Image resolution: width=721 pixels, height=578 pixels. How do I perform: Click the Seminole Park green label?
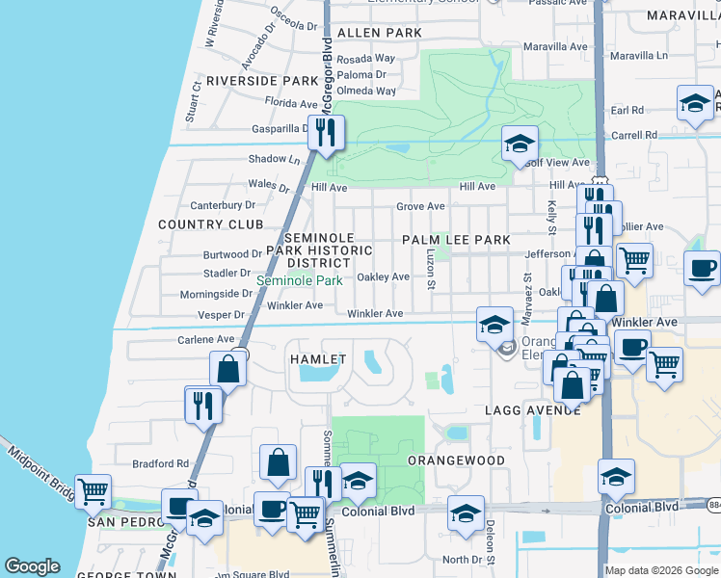pos(299,281)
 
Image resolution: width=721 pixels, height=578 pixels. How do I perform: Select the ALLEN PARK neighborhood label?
pos(381,33)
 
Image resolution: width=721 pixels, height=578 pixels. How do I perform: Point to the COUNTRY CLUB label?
pos(211,224)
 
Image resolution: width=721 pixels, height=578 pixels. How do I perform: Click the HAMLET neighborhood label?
pos(317,359)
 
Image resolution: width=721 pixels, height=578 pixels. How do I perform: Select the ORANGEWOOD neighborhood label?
pos(456,460)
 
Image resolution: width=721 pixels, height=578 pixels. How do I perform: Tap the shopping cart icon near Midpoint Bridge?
pos(93,491)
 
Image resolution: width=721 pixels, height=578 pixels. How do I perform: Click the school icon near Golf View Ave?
pos(520,145)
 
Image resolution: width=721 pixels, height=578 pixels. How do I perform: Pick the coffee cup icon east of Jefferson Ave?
pos(702,269)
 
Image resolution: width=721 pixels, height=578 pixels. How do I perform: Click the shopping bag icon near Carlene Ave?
pos(228,369)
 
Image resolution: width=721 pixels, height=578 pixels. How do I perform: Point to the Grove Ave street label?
pos(420,206)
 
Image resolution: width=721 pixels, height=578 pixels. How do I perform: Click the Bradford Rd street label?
pos(161,463)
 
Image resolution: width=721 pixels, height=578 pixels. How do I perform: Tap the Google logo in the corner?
pos(32,566)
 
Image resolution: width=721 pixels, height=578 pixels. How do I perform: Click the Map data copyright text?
pos(661,570)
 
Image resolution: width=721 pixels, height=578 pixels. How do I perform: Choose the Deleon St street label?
pos(490,542)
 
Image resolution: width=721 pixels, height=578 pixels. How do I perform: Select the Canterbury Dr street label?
pos(223,204)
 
